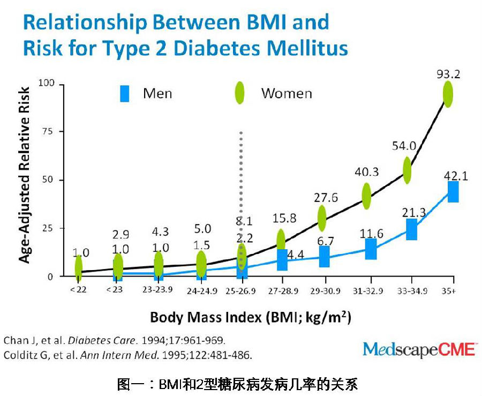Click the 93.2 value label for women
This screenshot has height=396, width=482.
[448, 73]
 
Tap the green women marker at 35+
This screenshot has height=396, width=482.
[447, 94]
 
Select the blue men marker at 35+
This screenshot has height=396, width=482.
[453, 191]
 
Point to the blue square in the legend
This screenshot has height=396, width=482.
[124, 94]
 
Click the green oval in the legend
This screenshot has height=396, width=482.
[239, 93]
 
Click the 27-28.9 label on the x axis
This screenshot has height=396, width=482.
[282, 292]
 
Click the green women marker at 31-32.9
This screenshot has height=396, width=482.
[366, 196]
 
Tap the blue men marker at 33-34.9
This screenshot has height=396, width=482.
[411, 229]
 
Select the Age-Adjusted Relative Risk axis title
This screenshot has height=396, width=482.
[25, 175]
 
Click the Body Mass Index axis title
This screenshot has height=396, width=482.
[250, 317]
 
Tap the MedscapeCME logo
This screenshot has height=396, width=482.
[419, 349]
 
